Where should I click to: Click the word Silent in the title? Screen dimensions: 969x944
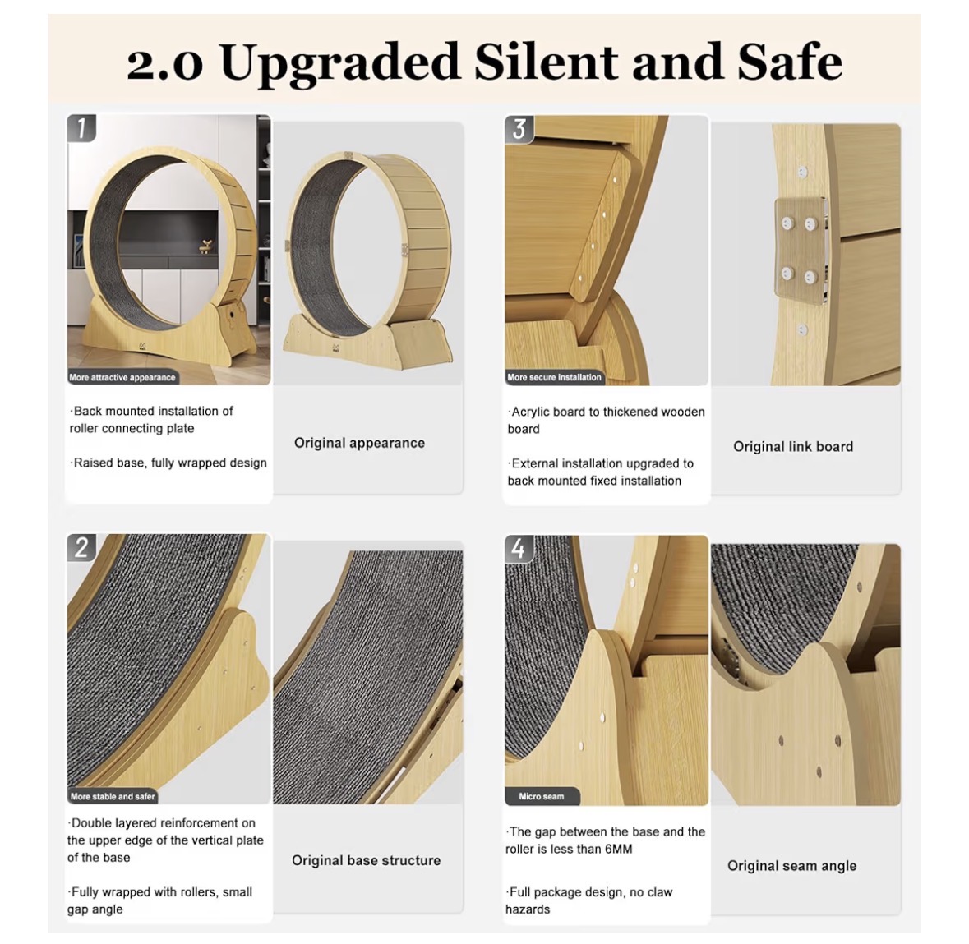[546, 62]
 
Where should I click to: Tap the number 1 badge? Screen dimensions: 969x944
[81, 128]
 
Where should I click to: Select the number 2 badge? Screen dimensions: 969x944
[81, 547]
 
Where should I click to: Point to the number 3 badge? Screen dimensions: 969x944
[519, 128]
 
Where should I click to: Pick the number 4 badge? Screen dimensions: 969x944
[519, 548]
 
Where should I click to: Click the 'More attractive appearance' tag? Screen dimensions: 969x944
[122, 377]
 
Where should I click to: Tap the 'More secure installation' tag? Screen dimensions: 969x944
[554, 377]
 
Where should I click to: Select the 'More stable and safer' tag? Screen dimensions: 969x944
[113, 796]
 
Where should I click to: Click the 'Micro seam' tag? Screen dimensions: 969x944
[542, 796]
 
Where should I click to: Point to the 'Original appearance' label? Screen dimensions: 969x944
[360, 443]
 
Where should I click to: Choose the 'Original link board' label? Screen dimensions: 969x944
[793, 447]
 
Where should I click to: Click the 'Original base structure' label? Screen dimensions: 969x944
[367, 860]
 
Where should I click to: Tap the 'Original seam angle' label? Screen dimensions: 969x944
[792, 866]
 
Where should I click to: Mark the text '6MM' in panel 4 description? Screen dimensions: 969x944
[618, 849]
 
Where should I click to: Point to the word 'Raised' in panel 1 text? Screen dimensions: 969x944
[93, 463]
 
